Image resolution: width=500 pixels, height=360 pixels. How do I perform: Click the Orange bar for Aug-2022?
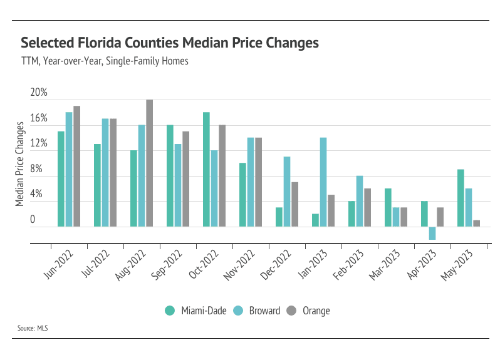149,163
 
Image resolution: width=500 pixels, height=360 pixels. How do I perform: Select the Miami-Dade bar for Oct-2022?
206,169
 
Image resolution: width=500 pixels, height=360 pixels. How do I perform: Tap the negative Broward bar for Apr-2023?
432,233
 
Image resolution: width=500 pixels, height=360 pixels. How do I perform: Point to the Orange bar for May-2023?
476,223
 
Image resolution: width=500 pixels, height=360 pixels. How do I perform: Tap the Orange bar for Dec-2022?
294,203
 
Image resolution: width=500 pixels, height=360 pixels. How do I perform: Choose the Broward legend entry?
258,311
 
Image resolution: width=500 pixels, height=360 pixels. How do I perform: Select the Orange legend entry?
309,311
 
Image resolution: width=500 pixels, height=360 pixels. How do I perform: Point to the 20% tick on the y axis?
39,93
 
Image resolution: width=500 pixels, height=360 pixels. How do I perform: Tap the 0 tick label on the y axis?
33,220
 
